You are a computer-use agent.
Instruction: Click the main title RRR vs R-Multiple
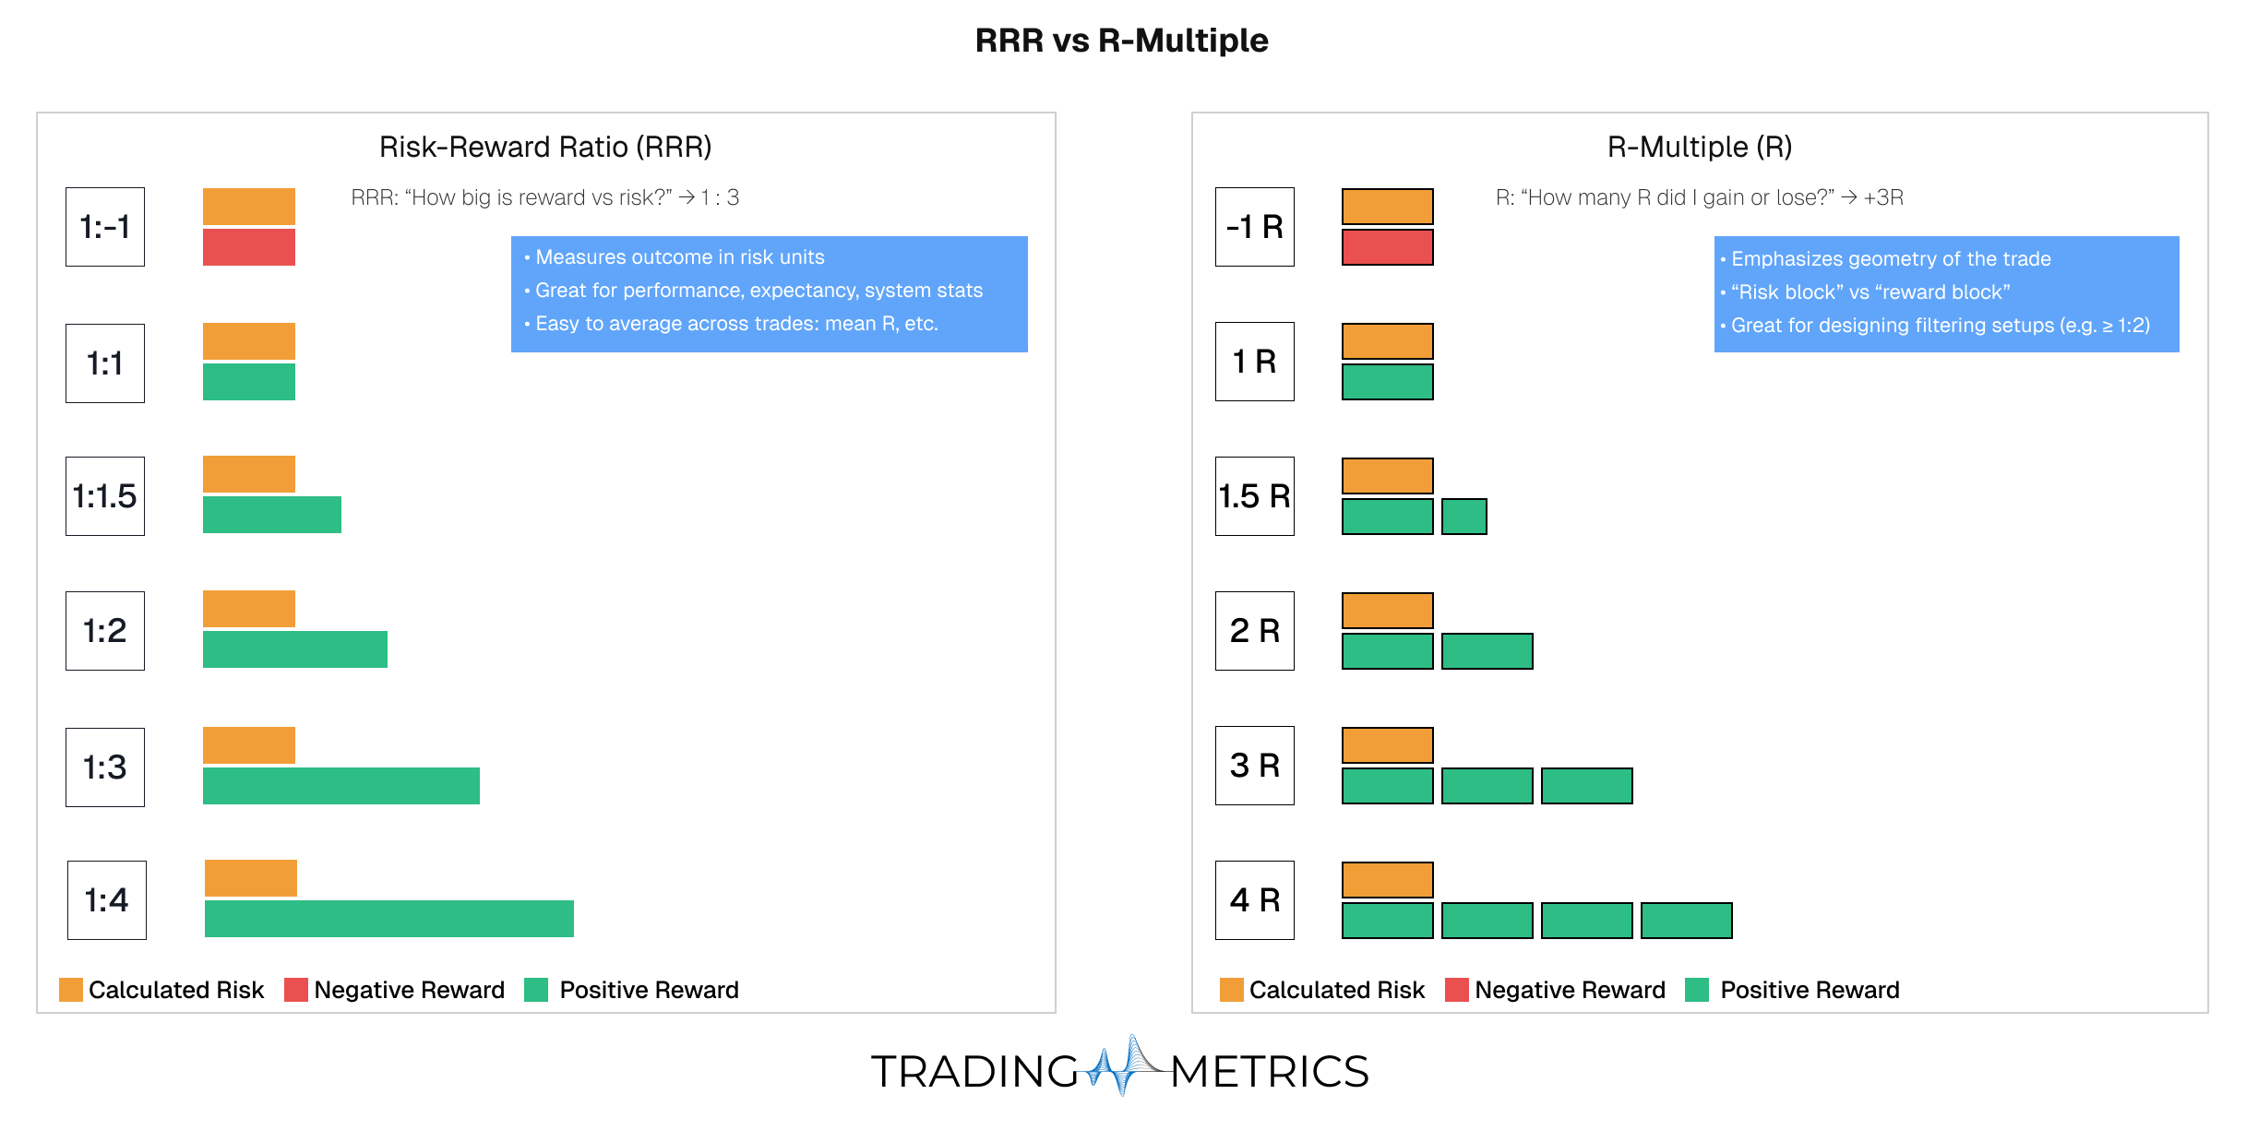[1121, 41]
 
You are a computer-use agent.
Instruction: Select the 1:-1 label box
[105, 227]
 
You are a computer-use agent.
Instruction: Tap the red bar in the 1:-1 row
[249, 247]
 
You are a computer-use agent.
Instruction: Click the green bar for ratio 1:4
[388, 919]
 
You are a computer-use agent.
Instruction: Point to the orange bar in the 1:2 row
[249, 609]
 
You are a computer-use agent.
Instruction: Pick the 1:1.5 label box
[105, 496]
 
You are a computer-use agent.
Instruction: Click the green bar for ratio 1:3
[341, 786]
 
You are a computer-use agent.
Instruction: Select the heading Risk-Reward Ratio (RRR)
[545, 147]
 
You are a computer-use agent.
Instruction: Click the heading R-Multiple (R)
[1699, 147]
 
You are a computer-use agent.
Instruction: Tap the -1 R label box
[1254, 227]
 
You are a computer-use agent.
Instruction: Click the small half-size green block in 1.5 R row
[1463, 517]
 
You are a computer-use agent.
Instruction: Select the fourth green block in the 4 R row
[1686, 921]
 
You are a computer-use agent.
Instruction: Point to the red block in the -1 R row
[1387, 247]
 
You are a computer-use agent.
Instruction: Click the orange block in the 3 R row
[1387, 745]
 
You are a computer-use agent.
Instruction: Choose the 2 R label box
[1254, 631]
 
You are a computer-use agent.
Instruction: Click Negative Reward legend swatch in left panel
[295, 990]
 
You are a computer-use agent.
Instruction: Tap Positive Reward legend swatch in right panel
[1696, 990]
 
